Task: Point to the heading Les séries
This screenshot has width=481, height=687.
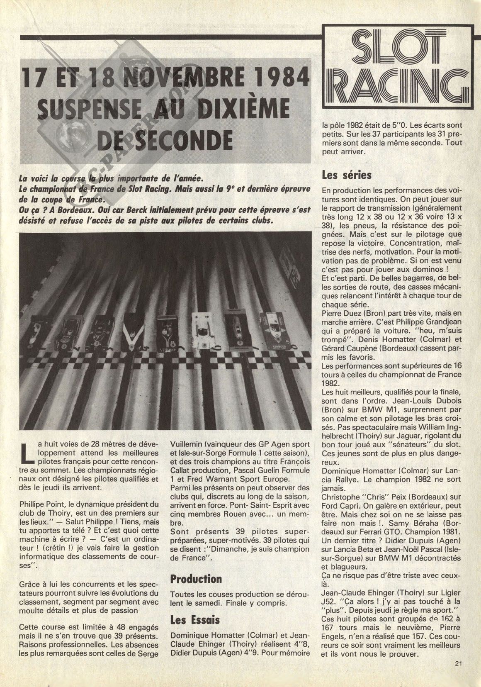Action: tap(347, 175)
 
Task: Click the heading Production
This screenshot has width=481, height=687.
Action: tap(196, 579)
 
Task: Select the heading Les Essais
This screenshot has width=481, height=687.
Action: tap(195, 620)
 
